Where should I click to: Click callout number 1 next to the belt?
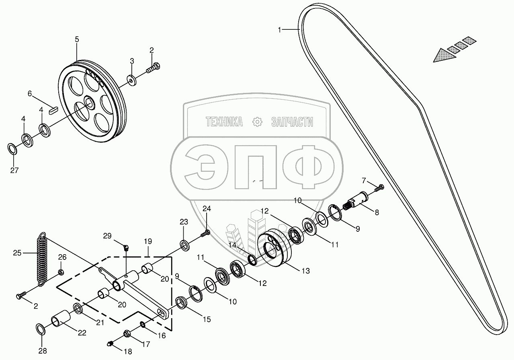coord(281,29)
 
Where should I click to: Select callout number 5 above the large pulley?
coord(77,39)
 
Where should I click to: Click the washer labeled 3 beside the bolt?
coord(132,80)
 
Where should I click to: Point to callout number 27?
coord(14,170)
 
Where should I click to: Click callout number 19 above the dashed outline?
coord(148,242)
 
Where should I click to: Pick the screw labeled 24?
coord(206,233)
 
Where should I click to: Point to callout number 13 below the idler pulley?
coord(306,271)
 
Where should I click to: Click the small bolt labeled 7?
coord(380,187)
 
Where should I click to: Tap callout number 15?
coord(207,320)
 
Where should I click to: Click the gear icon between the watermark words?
coord(257,121)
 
